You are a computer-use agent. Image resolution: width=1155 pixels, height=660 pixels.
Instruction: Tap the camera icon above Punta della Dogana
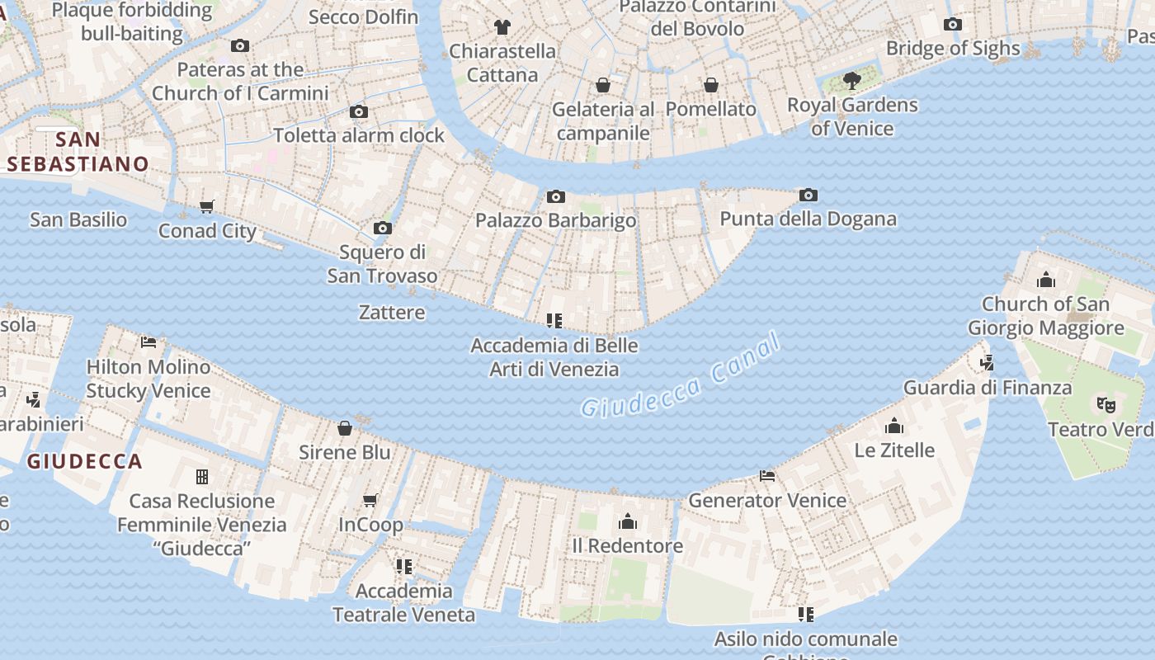(808, 196)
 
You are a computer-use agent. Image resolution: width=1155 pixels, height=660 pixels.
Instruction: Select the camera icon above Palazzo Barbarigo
(556, 196)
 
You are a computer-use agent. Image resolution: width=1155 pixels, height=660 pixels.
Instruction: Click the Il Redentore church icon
(628, 522)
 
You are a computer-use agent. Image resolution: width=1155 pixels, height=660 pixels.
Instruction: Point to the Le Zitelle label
(894, 450)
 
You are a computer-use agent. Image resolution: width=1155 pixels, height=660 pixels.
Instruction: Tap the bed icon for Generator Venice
(767, 476)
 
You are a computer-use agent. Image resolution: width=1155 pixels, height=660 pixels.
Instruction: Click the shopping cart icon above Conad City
(207, 207)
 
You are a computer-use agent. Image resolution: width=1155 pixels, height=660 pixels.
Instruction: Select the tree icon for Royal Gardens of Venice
(852, 81)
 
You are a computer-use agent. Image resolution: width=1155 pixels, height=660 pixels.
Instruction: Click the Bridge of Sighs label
(953, 49)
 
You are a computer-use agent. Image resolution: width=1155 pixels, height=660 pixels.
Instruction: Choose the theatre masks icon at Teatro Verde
(1105, 405)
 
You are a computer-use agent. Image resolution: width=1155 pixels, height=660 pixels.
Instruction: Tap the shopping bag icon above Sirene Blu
(345, 428)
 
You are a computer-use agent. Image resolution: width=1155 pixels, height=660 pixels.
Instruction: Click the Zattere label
(392, 313)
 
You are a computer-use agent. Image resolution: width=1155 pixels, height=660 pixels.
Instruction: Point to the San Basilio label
(78, 219)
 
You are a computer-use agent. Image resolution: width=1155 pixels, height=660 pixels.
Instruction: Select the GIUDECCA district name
(84, 462)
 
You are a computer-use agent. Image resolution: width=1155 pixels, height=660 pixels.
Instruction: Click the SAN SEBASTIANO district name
(78, 152)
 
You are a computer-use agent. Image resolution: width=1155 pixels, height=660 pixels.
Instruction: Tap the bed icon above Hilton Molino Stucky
(148, 342)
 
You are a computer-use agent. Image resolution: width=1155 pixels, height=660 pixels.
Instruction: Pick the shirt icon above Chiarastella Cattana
(502, 27)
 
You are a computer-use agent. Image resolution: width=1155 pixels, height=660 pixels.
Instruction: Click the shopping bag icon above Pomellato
(710, 85)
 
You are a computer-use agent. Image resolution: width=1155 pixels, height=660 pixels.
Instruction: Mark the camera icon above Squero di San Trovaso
(382, 229)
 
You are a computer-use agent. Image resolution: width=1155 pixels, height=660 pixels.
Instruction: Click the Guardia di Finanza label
(988, 388)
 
